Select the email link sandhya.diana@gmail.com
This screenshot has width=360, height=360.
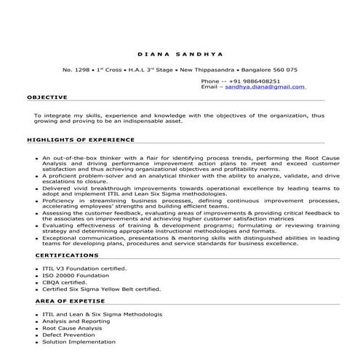point(264,87)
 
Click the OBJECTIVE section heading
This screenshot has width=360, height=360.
point(47,96)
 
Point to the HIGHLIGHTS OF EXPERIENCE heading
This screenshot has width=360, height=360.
point(81,138)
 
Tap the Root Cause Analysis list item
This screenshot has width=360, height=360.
point(72,328)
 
